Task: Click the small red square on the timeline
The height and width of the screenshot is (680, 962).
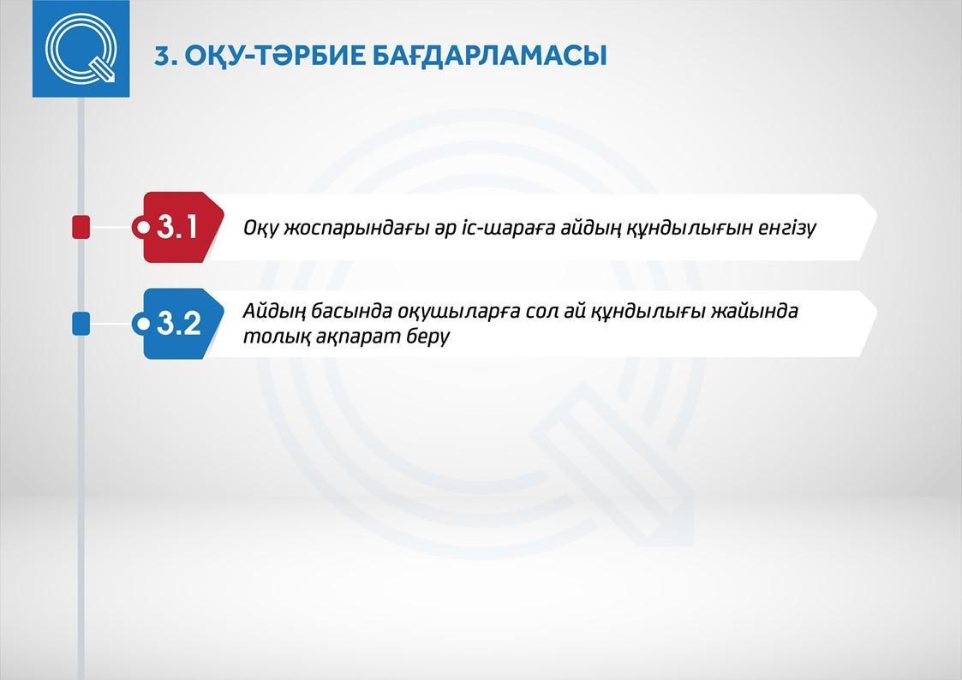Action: [81, 227]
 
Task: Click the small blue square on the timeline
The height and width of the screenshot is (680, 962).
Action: [81, 323]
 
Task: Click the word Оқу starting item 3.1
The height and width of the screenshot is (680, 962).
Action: [261, 228]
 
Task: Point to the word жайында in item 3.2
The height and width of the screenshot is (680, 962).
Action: [755, 311]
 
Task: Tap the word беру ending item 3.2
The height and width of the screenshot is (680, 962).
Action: [428, 337]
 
